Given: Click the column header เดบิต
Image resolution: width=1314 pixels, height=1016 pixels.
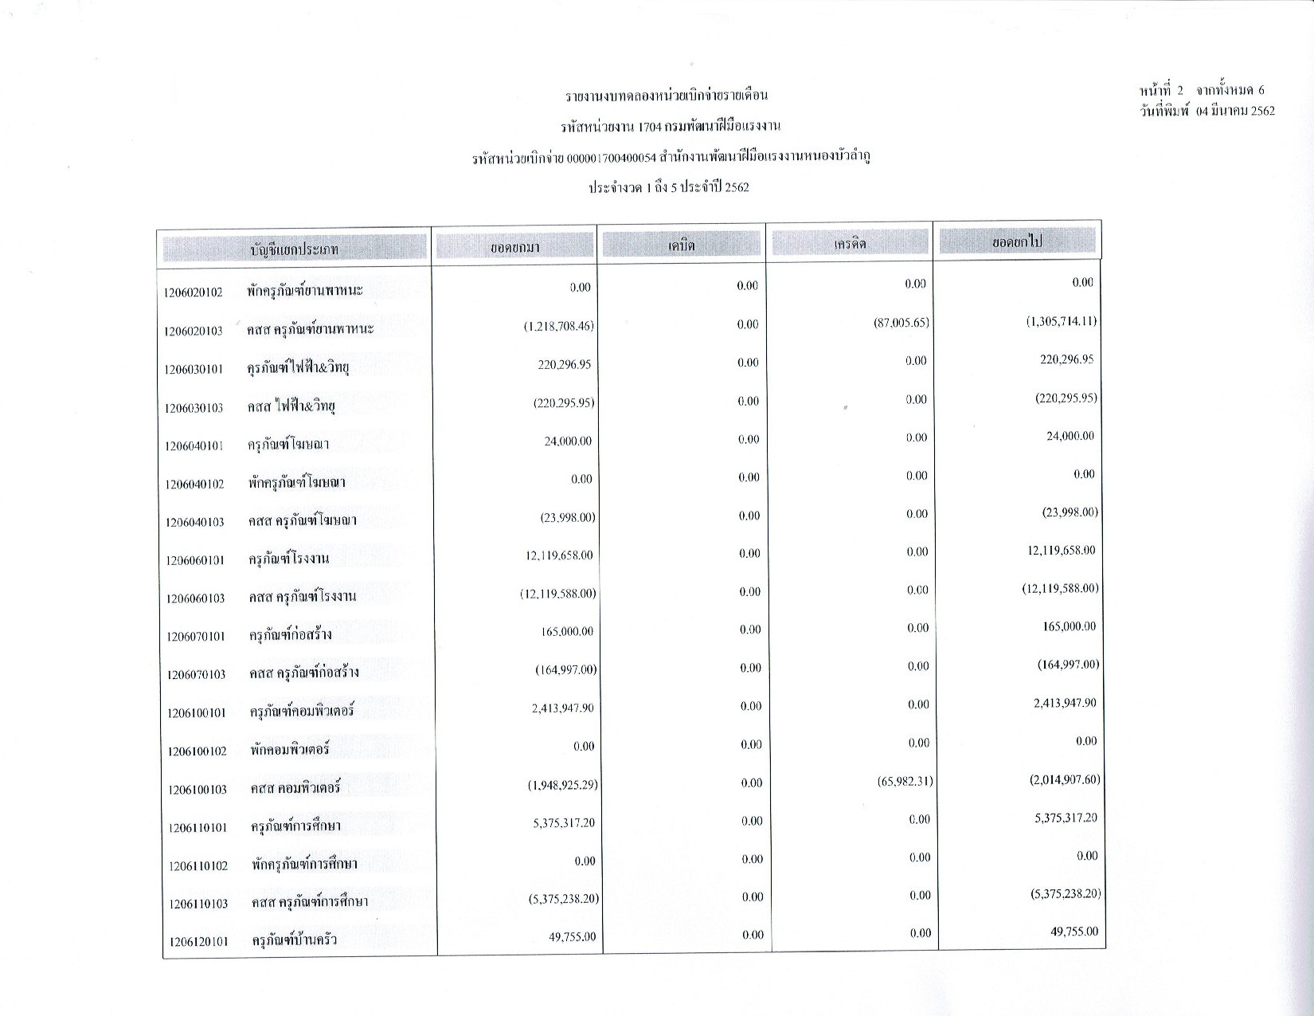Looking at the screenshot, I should pyautogui.click(x=682, y=245).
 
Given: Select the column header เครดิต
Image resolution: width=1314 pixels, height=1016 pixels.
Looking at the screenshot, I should pyautogui.click(x=850, y=244).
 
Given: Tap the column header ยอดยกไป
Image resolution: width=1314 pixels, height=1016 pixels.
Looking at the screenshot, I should pyautogui.click(x=1018, y=241).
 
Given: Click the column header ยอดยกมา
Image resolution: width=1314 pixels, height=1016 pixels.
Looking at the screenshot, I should pyautogui.click(x=514, y=248).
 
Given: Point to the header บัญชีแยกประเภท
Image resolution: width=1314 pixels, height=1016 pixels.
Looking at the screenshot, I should pyautogui.click(x=295, y=249).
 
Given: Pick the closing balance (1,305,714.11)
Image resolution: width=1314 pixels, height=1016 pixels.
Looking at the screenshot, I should pyautogui.click(x=1061, y=322).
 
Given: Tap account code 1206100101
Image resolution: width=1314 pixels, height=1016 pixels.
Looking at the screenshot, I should pyautogui.click(x=197, y=713).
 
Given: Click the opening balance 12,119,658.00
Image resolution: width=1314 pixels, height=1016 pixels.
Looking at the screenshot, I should pyautogui.click(x=559, y=555).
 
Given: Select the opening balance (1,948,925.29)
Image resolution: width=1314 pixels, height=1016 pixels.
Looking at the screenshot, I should pyautogui.click(x=562, y=785).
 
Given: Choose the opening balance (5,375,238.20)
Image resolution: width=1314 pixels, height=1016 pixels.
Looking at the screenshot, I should pyautogui.click(x=563, y=899).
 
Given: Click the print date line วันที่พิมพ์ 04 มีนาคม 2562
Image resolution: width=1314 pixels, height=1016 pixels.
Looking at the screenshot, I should pyautogui.click(x=1206, y=112).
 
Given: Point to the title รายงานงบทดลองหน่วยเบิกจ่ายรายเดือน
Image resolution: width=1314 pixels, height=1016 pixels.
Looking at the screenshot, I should pyautogui.click(x=667, y=96).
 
